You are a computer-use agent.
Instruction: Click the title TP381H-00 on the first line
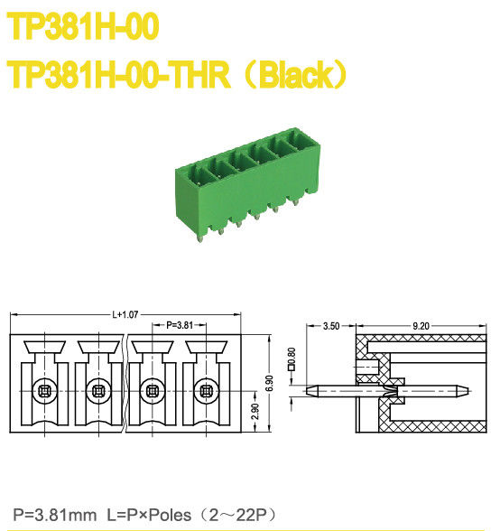click(x=84, y=27)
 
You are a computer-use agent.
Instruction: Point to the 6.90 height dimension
click(x=268, y=384)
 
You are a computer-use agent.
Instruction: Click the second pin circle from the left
click(x=98, y=391)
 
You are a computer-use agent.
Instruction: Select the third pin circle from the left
click(x=153, y=391)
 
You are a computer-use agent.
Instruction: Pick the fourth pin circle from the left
click(x=206, y=391)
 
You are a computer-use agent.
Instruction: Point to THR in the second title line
click(x=200, y=74)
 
